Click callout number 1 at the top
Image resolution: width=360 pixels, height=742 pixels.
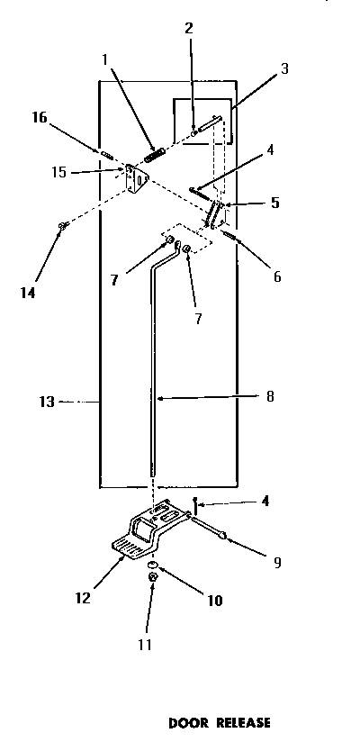[x=105, y=59]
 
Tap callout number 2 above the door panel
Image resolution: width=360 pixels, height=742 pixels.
[x=189, y=27]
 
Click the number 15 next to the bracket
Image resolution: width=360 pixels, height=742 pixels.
[x=58, y=171]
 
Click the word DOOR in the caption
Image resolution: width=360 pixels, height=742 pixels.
[x=190, y=722]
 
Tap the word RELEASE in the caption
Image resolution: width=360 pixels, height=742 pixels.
[x=239, y=722]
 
